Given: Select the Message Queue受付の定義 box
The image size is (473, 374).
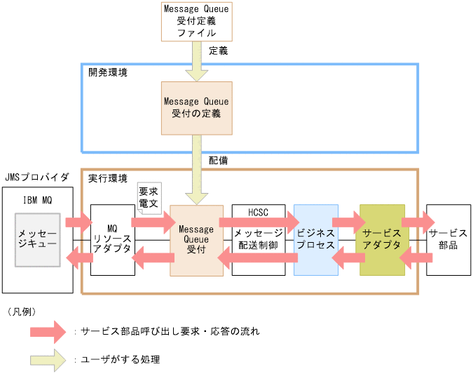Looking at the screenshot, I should [197, 107].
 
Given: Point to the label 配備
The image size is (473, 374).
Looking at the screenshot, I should [218, 160].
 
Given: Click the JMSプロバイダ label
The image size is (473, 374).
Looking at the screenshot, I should [36, 178].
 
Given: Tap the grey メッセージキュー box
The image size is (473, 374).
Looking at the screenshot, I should [37, 239].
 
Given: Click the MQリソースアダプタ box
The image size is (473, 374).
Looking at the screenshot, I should [112, 239].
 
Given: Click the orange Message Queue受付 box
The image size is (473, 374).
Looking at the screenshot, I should [196, 239].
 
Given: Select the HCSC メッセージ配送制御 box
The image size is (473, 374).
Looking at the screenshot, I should [258, 239].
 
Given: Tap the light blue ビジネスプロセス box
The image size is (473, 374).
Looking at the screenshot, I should [316, 239].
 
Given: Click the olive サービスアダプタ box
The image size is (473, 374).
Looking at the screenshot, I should [382, 239].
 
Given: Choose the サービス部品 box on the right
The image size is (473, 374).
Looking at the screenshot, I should [448, 239].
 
